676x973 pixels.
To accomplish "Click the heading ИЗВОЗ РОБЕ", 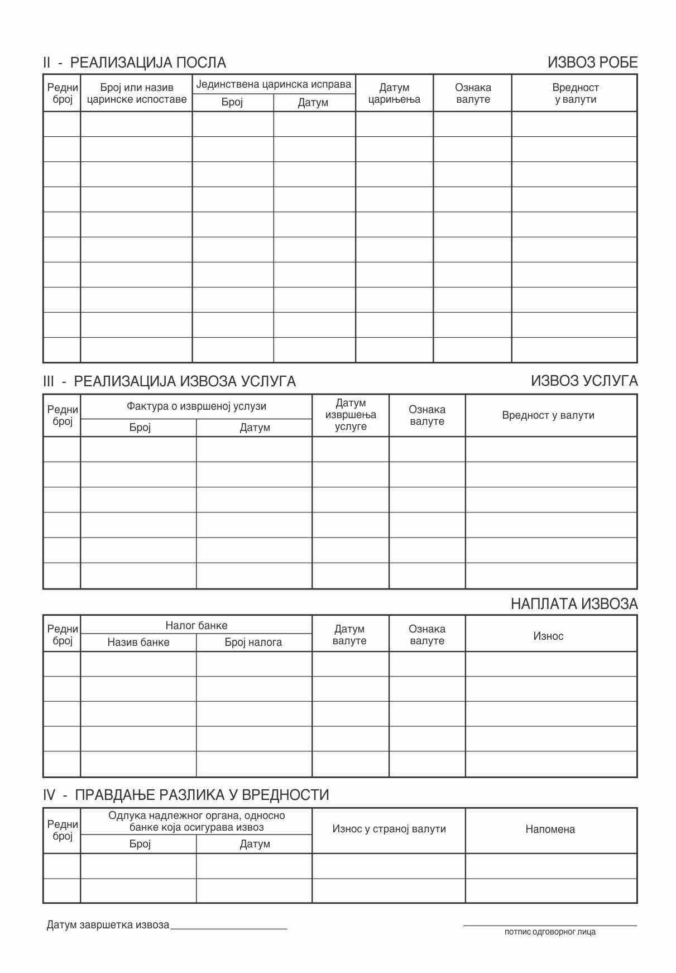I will coord(592,63).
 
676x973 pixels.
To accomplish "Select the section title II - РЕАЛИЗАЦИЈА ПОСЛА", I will coord(135,63).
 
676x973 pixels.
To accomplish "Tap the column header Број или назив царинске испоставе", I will coord(137,93).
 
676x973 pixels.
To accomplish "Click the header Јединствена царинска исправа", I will coord(274,84).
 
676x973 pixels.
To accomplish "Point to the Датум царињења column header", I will coord(394,93).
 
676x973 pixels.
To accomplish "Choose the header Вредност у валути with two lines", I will coord(575,93).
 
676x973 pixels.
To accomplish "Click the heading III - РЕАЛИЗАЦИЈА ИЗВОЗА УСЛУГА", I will coord(169,381).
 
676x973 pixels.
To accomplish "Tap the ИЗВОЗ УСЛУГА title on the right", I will coord(584,381).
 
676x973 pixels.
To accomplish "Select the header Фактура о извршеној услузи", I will coord(196,406).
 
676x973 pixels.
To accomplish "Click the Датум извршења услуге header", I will coord(351,415).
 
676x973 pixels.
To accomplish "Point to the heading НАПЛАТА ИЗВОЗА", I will coord(574,603).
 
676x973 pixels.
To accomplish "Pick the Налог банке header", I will coord(196,625).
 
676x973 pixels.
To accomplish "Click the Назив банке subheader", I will coord(138,643).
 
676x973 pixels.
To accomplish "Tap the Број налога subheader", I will coord(253,643).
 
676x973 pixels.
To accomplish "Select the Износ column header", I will coord(548,636).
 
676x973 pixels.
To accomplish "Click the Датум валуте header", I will coord(349,635).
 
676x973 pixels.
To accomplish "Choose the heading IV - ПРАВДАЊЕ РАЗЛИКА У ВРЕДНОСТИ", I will coord(186,795).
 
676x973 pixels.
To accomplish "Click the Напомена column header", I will coord(550,830).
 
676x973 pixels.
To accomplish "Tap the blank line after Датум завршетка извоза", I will coord(229,927).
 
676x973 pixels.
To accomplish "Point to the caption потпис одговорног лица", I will coord(550,932).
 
